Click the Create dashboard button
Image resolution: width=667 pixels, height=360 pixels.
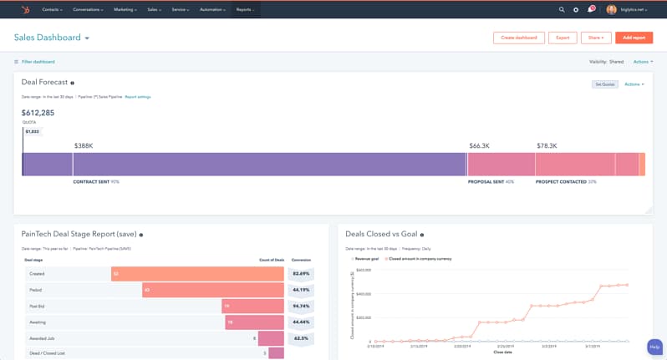519,38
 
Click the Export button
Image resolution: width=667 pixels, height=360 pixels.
563,38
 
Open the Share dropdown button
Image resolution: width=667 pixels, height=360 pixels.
596,38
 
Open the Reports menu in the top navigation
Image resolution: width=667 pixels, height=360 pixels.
245,9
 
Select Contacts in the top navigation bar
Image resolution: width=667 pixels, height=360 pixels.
53,9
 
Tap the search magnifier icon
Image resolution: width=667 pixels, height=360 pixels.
562,9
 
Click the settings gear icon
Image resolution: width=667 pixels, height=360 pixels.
576,9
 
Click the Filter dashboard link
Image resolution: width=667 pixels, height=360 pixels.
38,62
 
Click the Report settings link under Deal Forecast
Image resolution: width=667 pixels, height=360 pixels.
138,97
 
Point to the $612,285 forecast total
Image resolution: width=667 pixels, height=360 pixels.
38,113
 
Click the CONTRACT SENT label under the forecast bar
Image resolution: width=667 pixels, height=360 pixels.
91,181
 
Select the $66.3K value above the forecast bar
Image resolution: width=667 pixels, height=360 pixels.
479,145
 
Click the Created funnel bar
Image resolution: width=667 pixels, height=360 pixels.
197,273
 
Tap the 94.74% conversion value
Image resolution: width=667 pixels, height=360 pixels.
301,306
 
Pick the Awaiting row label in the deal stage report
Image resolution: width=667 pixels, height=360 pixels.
37,322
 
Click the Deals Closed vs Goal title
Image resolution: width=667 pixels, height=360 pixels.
380,235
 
